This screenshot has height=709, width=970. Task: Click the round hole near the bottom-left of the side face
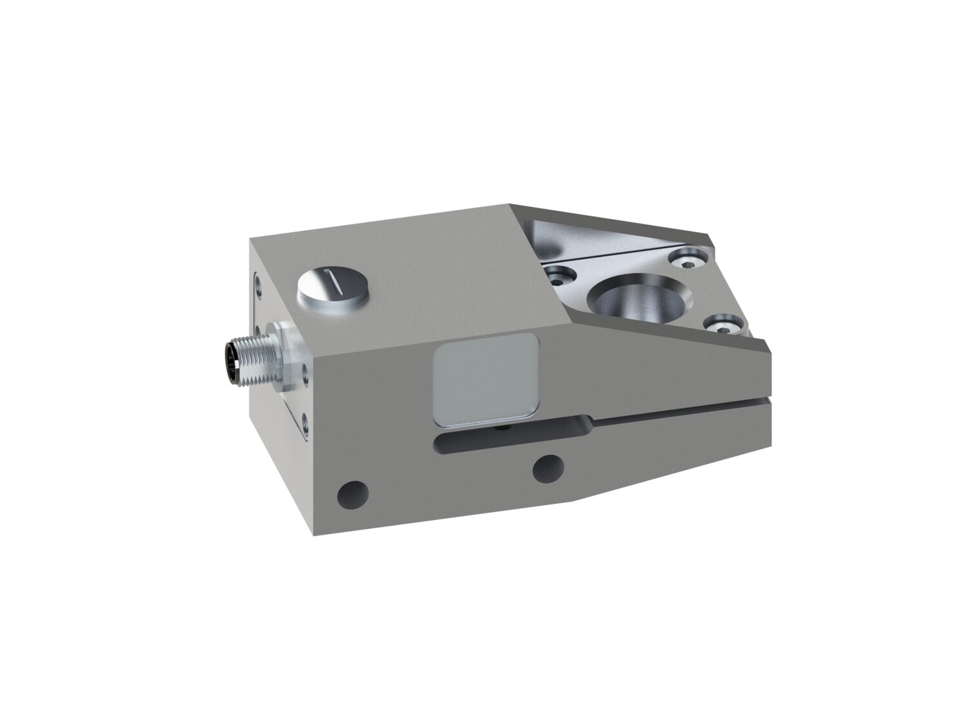point(353,494)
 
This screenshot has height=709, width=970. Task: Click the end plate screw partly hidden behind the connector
point(257,328)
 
